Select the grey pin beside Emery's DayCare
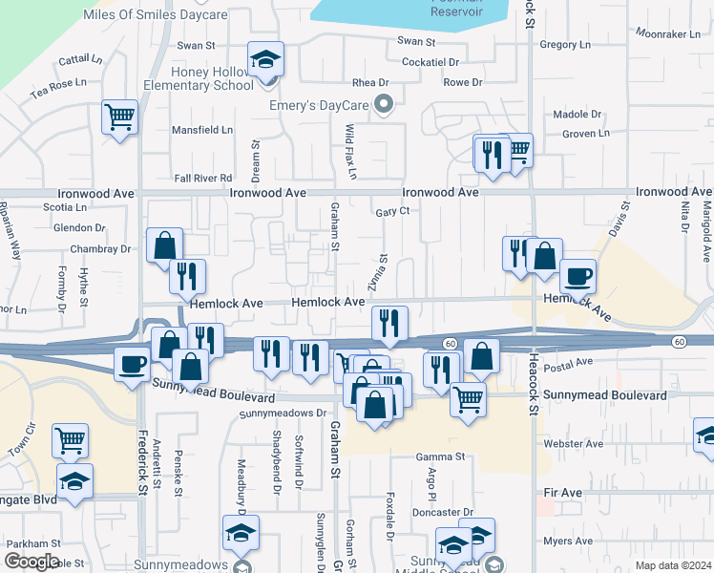pyautogui.click(x=384, y=104)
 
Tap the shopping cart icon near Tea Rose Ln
pyautogui.click(x=119, y=117)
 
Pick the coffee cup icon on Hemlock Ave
pyautogui.click(x=577, y=277)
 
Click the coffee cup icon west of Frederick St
pyautogui.click(x=132, y=363)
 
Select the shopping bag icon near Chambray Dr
pyautogui.click(x=164, y=245)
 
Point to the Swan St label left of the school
pyautogui.click(x=196, y=45)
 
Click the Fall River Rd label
pyautogui.click(x=203, y=178)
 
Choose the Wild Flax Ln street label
pyautogui.click(x=350, y=152)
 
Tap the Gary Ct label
pyautogui.click(x=392, y=211)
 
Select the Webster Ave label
pyautogui.click(x=573, y=444)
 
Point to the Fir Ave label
pyautogui.click(x=562, y=492)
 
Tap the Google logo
pyautogui.click(x=31, y=562)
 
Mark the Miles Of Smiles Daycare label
pyautogui.click(x=156, y=15)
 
